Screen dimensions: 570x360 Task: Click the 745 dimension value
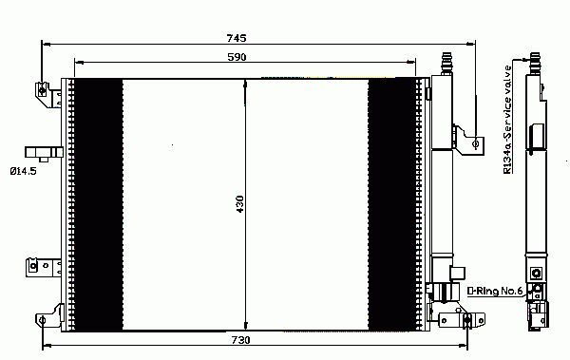[237, 38]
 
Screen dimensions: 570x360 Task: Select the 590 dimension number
[237, 57]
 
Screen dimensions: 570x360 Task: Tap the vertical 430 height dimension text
[240, 204]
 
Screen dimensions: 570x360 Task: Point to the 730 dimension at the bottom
[240, 340]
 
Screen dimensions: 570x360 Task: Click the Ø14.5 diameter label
[23, 171]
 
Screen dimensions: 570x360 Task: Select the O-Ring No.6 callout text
[495, 291]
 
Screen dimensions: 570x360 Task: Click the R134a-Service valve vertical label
[507, 120]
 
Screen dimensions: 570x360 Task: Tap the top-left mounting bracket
[48, 95]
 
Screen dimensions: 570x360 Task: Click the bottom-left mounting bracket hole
[42, 320]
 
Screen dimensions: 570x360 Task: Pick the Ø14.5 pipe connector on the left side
[44, 154]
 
